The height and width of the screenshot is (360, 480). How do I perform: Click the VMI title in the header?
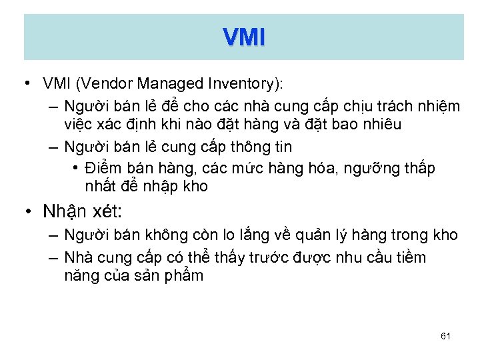pyautogui.click(x=244, y=38)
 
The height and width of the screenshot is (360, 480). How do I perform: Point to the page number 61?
pyautogui.click(x=446, y=336)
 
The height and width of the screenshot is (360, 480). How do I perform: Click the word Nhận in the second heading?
pyautogui.click(x=62, y=212)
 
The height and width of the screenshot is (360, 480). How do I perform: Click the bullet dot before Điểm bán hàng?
pyautogui.click(x=77, y=167)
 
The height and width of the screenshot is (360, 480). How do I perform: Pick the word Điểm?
pyautogui.click(x=103, y=169)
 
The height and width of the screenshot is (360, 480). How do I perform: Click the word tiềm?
pyautogui.click(x=411, y=257)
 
